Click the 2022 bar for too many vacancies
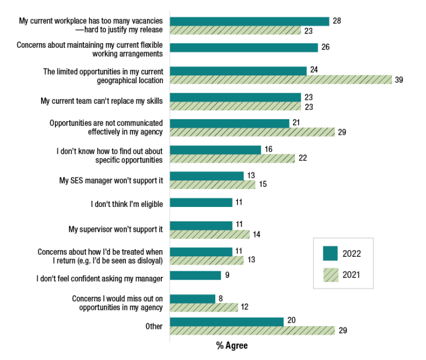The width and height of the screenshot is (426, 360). tap(250, 21)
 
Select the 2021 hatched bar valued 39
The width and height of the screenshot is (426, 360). tap(281, 80)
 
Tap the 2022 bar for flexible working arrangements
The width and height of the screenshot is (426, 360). tap(244, 48)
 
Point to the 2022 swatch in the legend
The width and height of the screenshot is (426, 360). tap(331, 253)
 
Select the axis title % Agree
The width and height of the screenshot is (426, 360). tap(232, 346)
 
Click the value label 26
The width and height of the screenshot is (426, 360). tap(326, 48)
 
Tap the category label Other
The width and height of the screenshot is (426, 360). tap(154, 326)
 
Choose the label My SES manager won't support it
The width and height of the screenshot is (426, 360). tap(111, 180)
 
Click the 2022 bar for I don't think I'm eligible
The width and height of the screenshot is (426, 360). tap(201, 203)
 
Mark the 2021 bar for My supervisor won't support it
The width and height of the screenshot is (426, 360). tap(210, 234)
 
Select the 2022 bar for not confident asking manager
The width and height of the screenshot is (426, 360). tap(195, 276)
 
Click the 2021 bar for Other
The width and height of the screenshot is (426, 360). tap(252, 331)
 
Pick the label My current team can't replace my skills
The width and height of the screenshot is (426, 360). tap(102, 102)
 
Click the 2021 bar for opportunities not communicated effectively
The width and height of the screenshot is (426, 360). tap(252, 132)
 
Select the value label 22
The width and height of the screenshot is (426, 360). tap(302, 159)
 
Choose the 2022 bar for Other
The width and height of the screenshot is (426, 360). tap(227, 322)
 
